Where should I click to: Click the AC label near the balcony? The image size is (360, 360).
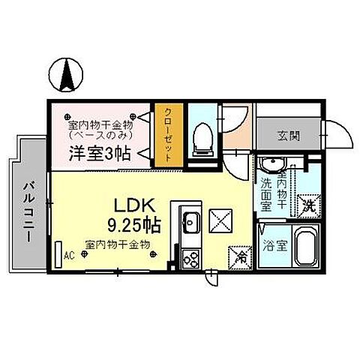click(x=68, y=256)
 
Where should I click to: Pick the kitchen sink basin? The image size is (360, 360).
click(x=190, y=223)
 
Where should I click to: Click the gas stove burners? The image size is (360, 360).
click(x=190, y=259)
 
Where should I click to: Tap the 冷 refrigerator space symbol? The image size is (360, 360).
click(x=241, y=256)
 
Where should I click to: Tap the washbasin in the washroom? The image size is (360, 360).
click(x=270, y=166)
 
